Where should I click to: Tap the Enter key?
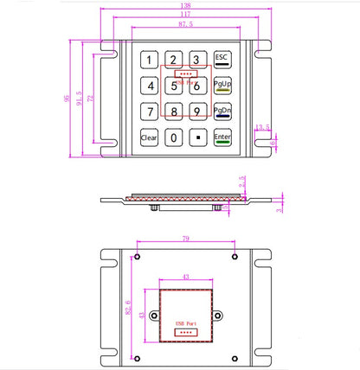(222, 137)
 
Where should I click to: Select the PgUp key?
(222, 86)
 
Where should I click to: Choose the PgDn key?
(222, 112)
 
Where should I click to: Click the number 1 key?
(150, 61)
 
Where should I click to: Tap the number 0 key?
(174, 137)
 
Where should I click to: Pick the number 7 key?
(150, 112)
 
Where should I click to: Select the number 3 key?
(197, 61)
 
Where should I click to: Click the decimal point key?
(197, 137)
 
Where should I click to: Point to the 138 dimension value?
(185, 5)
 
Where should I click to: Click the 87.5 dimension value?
(185, 25)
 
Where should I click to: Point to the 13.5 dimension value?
(261, 128)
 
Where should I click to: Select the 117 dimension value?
(185, 15)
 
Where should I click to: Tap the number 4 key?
(150, 86)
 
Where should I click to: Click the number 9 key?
(197, 112)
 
